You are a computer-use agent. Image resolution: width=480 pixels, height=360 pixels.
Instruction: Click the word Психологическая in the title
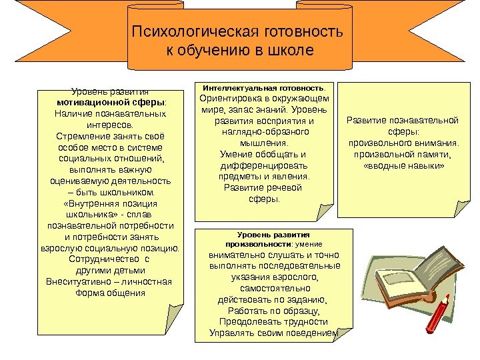click(x=188, y=33)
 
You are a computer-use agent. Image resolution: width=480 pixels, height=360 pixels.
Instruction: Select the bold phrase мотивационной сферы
click(x=109, y=103)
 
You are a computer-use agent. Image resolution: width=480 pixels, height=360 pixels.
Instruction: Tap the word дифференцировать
click(x=265, y=165)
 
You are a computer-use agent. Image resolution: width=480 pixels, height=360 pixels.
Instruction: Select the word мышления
click(x=264, y=143)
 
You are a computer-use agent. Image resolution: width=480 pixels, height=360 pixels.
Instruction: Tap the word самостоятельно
click(x=275, y=288)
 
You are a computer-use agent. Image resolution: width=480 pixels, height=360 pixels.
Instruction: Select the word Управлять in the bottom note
click(x=230, y=333)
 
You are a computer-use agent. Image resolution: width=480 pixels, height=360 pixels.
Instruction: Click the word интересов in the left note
click(x=109, y=125)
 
